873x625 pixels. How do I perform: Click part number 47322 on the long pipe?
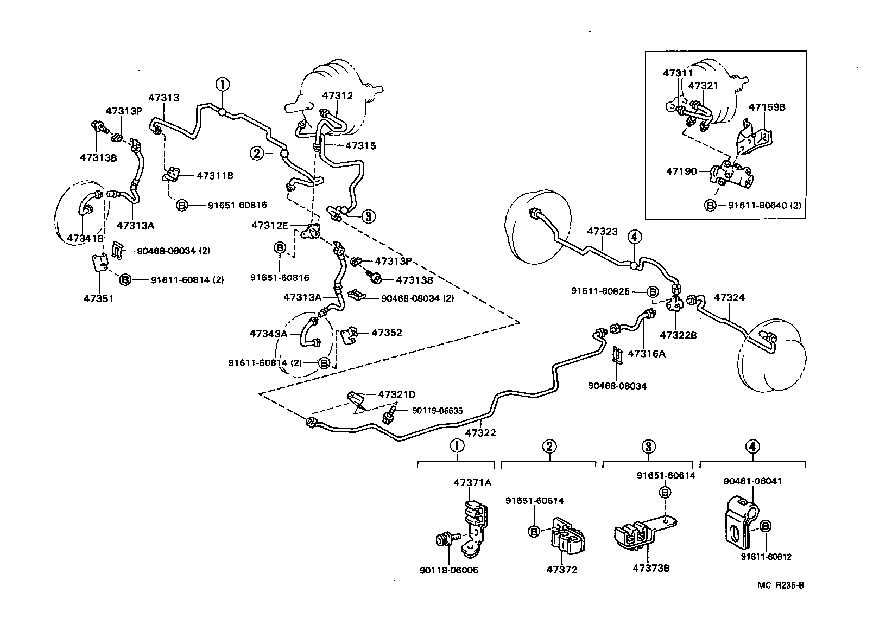(480, 433)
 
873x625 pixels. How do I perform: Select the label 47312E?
(269, 225)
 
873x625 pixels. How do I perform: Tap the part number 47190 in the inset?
(681, 171)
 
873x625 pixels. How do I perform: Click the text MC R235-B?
(781, 585)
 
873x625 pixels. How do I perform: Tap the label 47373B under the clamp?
(651, 568)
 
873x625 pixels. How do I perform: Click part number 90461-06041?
(752, 481)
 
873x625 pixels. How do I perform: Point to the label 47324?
(729, 298)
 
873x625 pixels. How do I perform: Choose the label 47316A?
(646, 354)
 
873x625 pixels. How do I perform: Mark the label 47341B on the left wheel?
(85, 238)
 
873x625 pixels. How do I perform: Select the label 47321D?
(397, 394)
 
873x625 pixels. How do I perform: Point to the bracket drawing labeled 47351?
(98, 265)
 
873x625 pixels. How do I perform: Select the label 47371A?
(472, 482)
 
